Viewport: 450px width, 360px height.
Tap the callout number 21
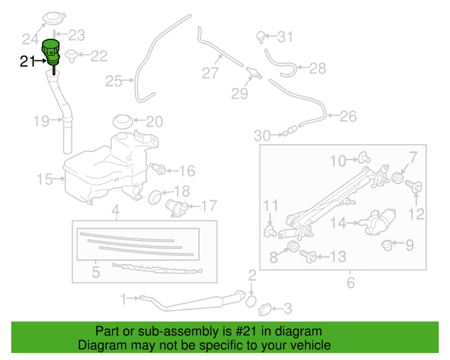point(27,62)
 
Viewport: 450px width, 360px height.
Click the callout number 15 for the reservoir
point(45,179)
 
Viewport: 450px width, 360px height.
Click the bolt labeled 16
point(159,169)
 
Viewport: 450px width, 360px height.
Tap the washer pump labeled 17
point(176,208)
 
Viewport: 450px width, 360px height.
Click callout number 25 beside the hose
point(114,82)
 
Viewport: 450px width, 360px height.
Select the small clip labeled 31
point(262,35)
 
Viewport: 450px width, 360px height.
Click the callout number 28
point(318,68)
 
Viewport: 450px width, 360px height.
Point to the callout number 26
point(348,116)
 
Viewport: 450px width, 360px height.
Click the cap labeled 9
point(386,245)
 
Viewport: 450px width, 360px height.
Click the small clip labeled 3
point(266,307)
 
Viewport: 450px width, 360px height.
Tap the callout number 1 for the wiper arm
point(123,300)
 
